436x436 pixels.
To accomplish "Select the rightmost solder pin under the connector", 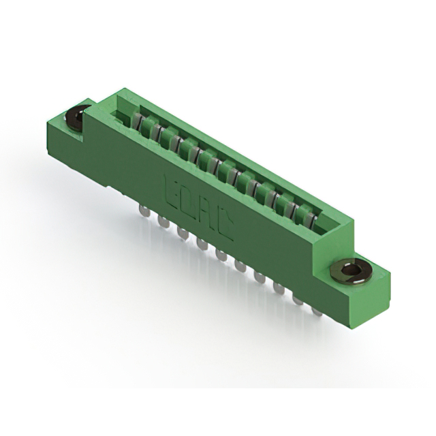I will (x=317, y=310).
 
